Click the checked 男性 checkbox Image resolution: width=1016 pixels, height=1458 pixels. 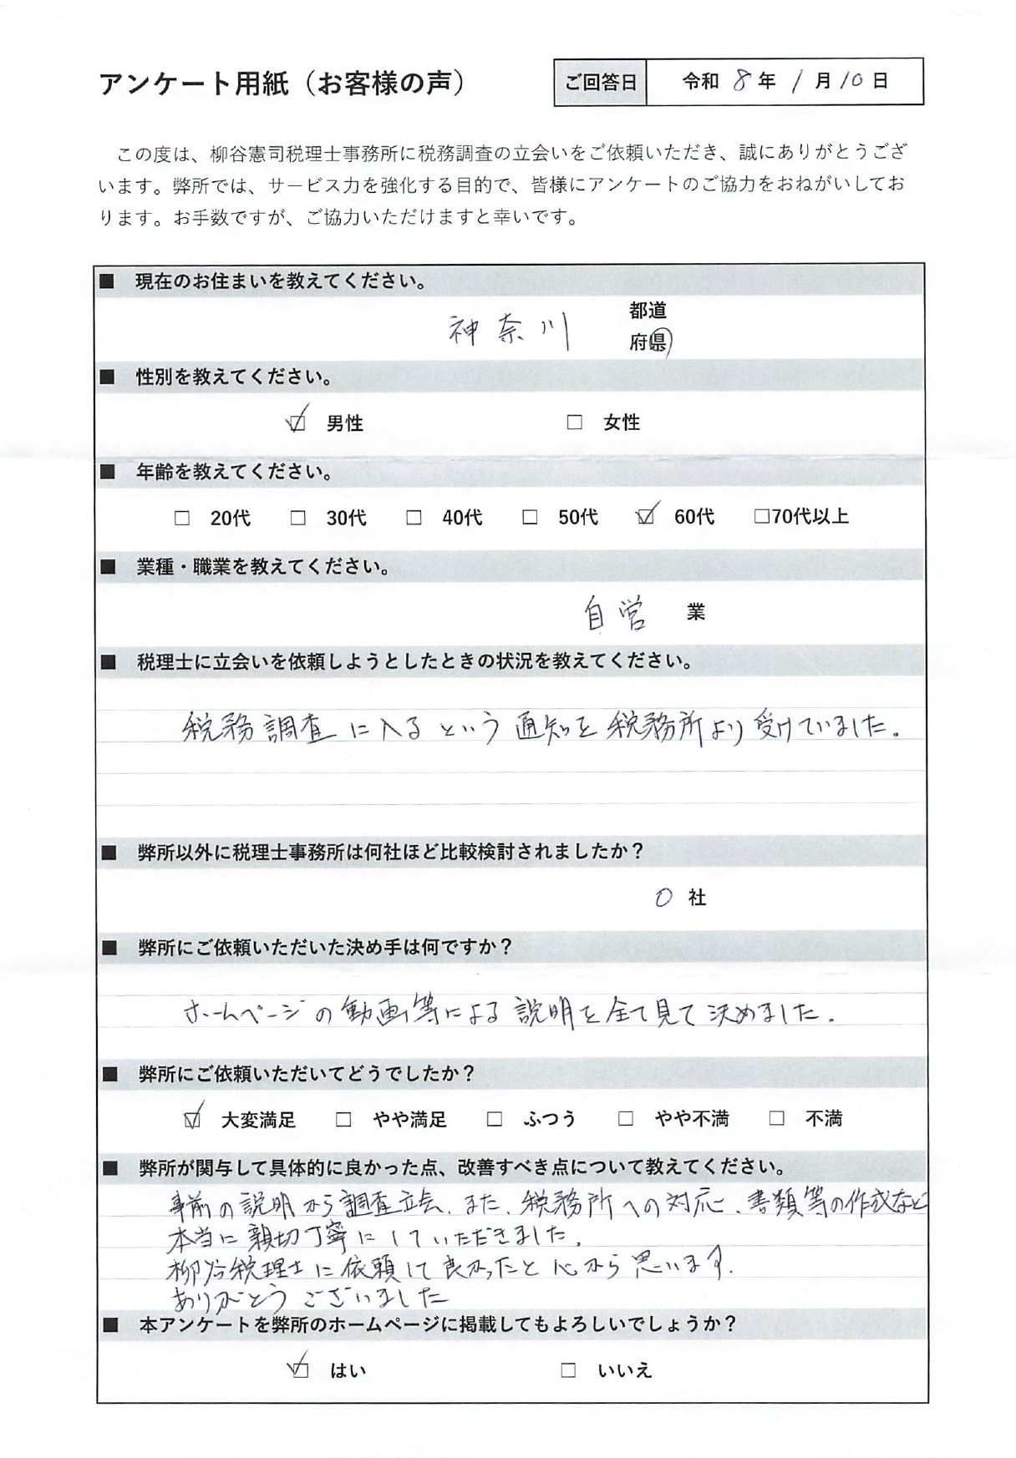tap(297, 423)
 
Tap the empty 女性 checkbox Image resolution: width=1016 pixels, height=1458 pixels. tap(574, 423)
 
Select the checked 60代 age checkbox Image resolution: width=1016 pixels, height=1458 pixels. tap(644, 518)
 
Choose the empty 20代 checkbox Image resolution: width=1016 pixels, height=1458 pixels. tap(181, 519)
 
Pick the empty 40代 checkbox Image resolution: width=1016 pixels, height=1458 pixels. tap(414, 519)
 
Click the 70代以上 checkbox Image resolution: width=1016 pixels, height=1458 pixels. tap(761, 517)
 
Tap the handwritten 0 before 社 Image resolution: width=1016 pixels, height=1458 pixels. tap(663, 898)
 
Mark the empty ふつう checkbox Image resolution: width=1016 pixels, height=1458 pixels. tap(495, 1119)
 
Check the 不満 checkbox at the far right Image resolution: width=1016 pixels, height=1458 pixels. tap(777, 1118)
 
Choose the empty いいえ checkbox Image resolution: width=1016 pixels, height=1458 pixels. tap(568, 1370)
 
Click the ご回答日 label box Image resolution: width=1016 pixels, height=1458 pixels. tap(600, 82)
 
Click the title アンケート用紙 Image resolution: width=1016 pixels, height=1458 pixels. tap(193, 84)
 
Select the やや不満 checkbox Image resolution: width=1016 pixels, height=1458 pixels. tap(625, 1119)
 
